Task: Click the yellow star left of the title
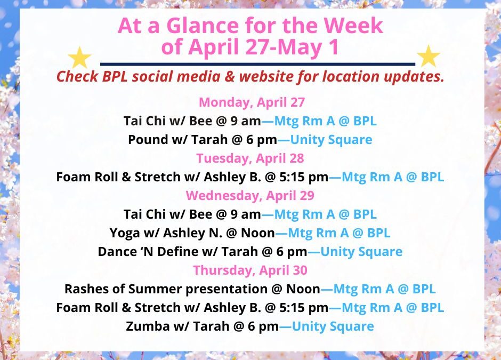coord(80,57)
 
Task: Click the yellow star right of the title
coord(428,57)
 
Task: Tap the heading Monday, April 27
coord(250,102)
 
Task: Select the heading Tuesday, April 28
coord(250,158)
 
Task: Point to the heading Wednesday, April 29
coord(250,195)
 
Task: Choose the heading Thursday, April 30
coord(250,270)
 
